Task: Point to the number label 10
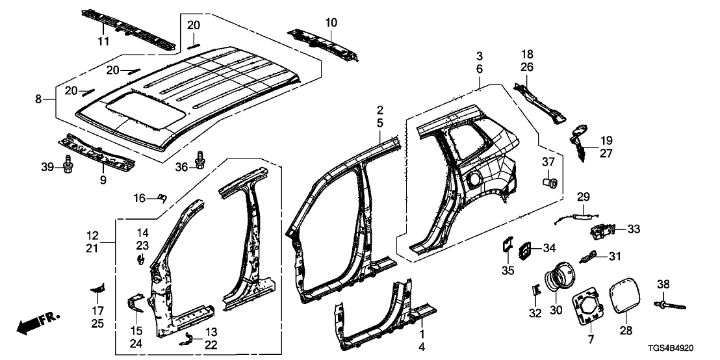(331, 23)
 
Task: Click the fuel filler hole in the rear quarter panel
(473, 176)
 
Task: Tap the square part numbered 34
(525, 249)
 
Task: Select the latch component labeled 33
(602, 230)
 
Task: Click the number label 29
(582, 197)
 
